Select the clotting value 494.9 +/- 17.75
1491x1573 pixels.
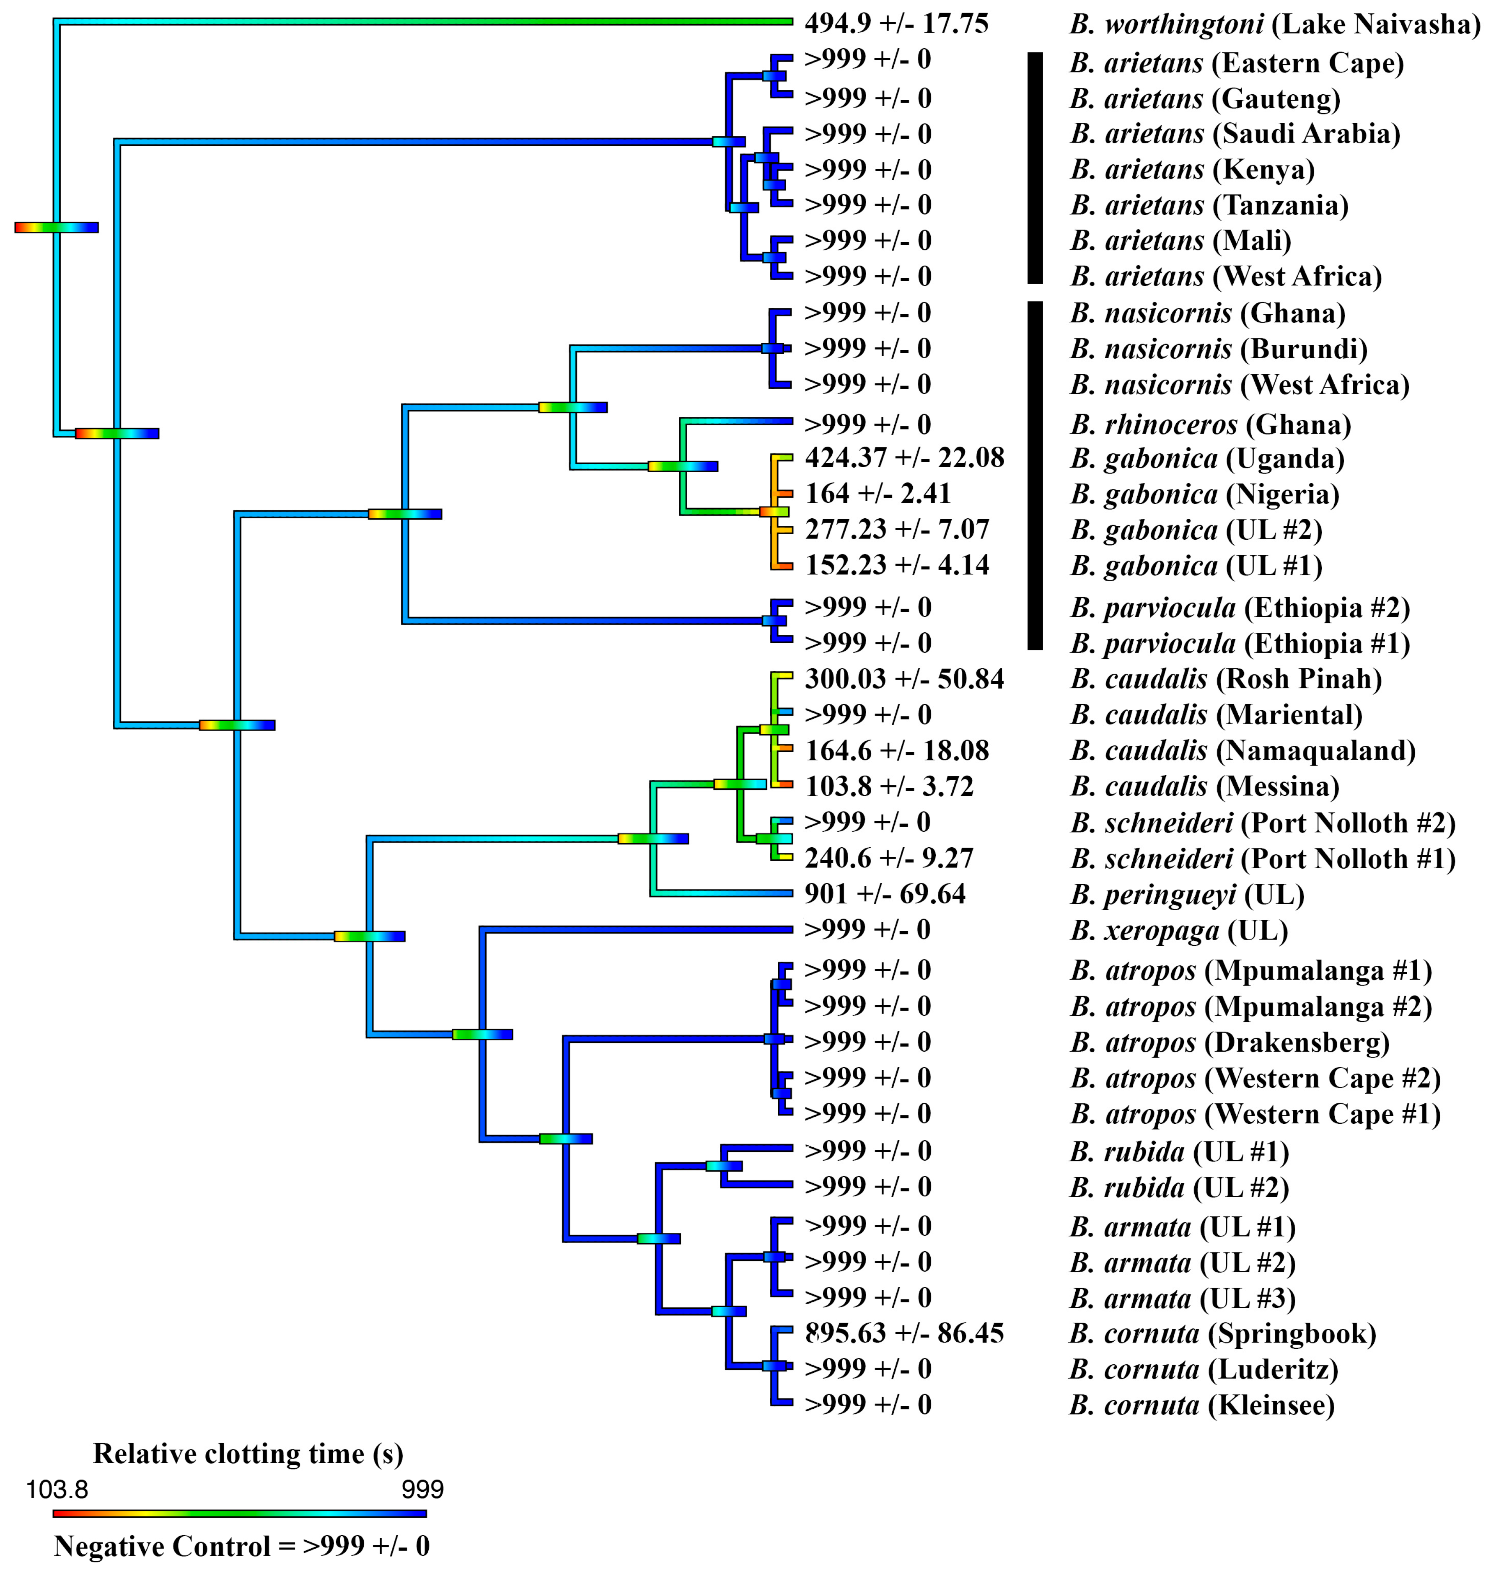click(896, 24)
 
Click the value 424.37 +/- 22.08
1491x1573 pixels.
click(904, 458)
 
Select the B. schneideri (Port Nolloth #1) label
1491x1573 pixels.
click(1262, 859)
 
